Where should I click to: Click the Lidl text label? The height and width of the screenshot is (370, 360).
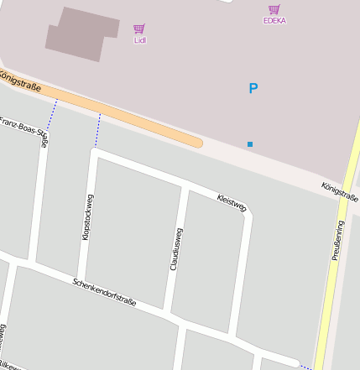[139, 39]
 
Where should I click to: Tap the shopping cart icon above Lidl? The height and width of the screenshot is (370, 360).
[139, 29]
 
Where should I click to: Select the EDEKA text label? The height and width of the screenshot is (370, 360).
[274, 20]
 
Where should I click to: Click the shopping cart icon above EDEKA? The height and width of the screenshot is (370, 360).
[274, 9]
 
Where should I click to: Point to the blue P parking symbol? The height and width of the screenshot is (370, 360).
[253, 88]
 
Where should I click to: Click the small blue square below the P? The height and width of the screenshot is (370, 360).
[250, 144]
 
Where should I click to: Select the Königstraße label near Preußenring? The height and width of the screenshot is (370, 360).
[340, 191]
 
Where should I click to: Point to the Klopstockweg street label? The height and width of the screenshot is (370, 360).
[87, 217]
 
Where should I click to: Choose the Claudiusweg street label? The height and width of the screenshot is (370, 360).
[175, 249]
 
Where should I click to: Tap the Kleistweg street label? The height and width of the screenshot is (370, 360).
[232, 202]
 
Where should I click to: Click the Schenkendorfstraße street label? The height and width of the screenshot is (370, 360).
[104, 292]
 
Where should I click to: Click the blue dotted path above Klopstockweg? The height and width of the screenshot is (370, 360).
[97, 130]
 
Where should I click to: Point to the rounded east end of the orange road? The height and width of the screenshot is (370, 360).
[199, 143]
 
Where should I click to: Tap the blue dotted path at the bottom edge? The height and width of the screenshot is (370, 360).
[306, 367]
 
